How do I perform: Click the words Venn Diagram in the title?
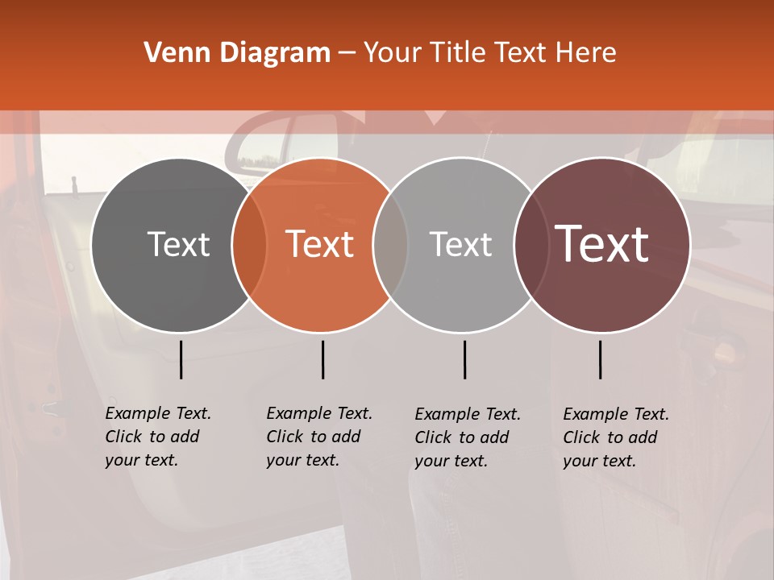click(237, 53)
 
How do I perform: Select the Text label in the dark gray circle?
click(178, 244)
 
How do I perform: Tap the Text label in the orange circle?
click(320, 244)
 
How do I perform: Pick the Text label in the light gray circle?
click(460, 244)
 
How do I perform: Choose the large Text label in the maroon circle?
click(602, 244)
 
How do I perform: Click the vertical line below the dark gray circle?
click(181, 359)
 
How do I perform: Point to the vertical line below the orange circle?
click(322, 359)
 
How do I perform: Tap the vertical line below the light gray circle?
click(464, 359)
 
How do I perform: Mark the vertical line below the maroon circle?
click(600, 359)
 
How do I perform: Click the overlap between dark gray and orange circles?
click(249, 244)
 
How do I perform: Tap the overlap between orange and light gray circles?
click(390, 244)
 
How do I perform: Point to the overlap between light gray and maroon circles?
click(532, 244)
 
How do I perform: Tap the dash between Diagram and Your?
click(347, 53)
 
